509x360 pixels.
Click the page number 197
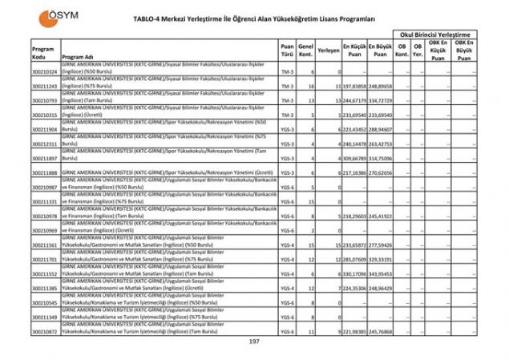[254, 342]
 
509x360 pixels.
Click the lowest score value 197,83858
[354, 85]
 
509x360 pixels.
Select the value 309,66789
[354, 158]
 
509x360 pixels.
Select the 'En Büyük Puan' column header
[382, 50]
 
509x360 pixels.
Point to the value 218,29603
[354, 216]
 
